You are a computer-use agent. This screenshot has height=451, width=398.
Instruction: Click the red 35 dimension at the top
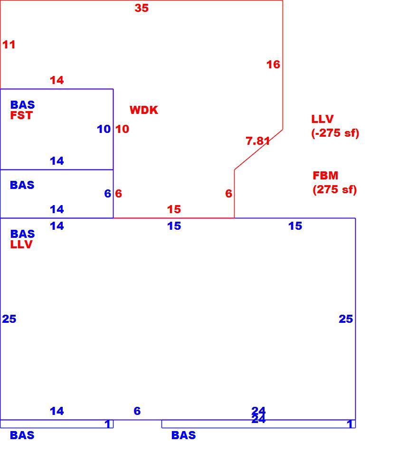(x=142, y=8)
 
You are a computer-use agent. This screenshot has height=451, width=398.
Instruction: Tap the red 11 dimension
(x=9, y=45)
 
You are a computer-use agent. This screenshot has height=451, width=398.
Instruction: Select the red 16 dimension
(x=273, y=65)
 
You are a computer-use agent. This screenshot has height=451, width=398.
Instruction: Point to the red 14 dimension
(x=57, y=80)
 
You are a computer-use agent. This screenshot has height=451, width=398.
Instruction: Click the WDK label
(x=143, y=110)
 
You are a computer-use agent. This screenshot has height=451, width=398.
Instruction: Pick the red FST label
(x=21, y=115)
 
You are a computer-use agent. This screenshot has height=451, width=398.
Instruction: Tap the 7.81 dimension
(x=258, y=141)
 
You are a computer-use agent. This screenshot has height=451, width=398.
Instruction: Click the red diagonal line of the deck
(x=258, y=150)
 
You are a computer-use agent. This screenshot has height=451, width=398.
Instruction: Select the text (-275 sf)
(x=335, y=133)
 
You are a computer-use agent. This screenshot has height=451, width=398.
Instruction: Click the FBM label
(x=325, y=175)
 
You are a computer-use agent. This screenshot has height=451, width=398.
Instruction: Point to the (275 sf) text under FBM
(x=334, y=189)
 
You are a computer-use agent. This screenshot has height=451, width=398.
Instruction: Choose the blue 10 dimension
(x=104, y=129)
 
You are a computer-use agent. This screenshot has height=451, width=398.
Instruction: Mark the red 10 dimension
(x=122, y=129)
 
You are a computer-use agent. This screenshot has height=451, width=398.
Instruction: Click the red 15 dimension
(x=174, y=209)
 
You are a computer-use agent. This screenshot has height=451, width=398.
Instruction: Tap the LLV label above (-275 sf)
(x=322, y=119)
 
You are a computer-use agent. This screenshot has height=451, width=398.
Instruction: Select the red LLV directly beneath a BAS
(x=21, y=244)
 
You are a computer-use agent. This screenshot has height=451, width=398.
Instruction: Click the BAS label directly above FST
(x=22, y=105)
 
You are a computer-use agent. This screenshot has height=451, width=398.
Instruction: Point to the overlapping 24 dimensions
(x=258, y=415)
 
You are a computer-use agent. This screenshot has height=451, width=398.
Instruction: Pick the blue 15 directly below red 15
(x=174, y=226)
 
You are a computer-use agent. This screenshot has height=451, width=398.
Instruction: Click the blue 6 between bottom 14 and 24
(x=137, y=411)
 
